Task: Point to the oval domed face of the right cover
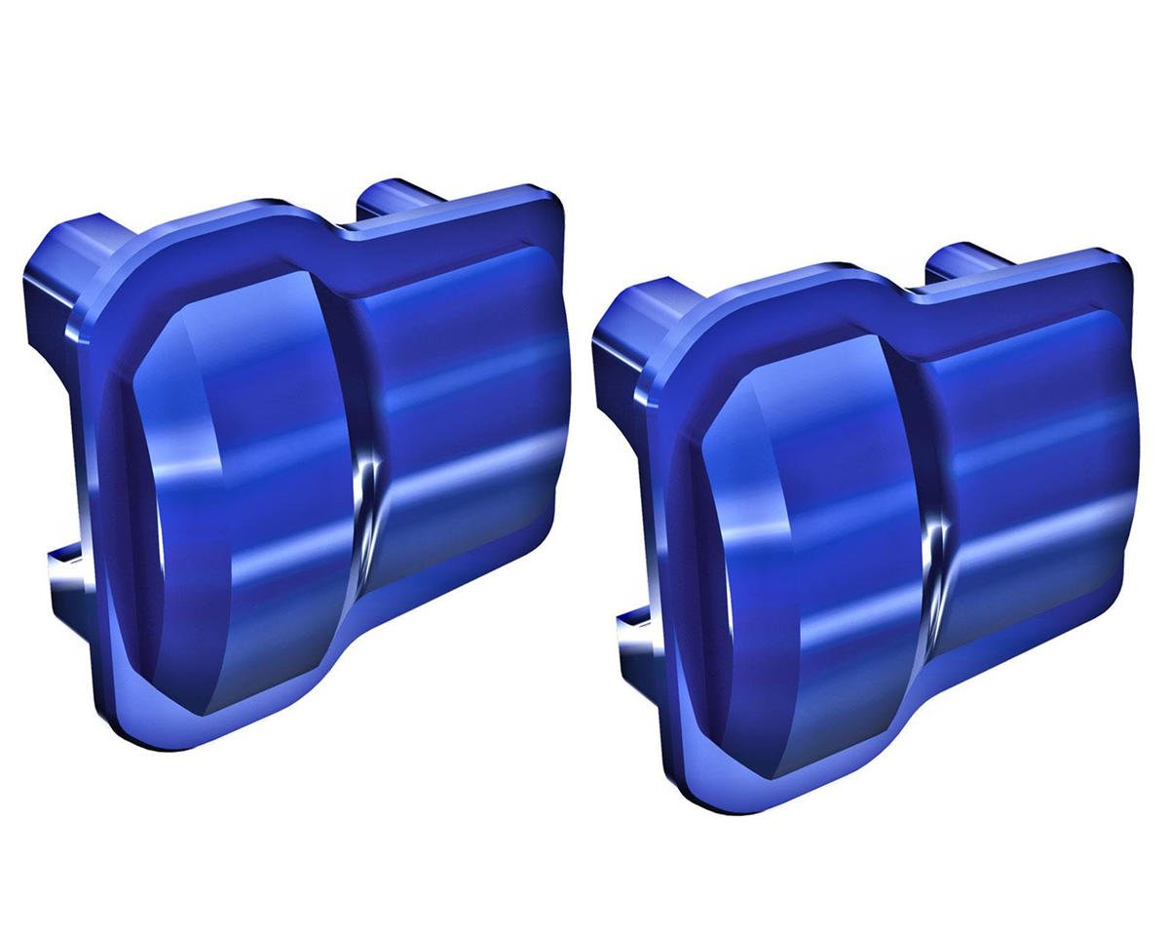click(809, 526)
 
